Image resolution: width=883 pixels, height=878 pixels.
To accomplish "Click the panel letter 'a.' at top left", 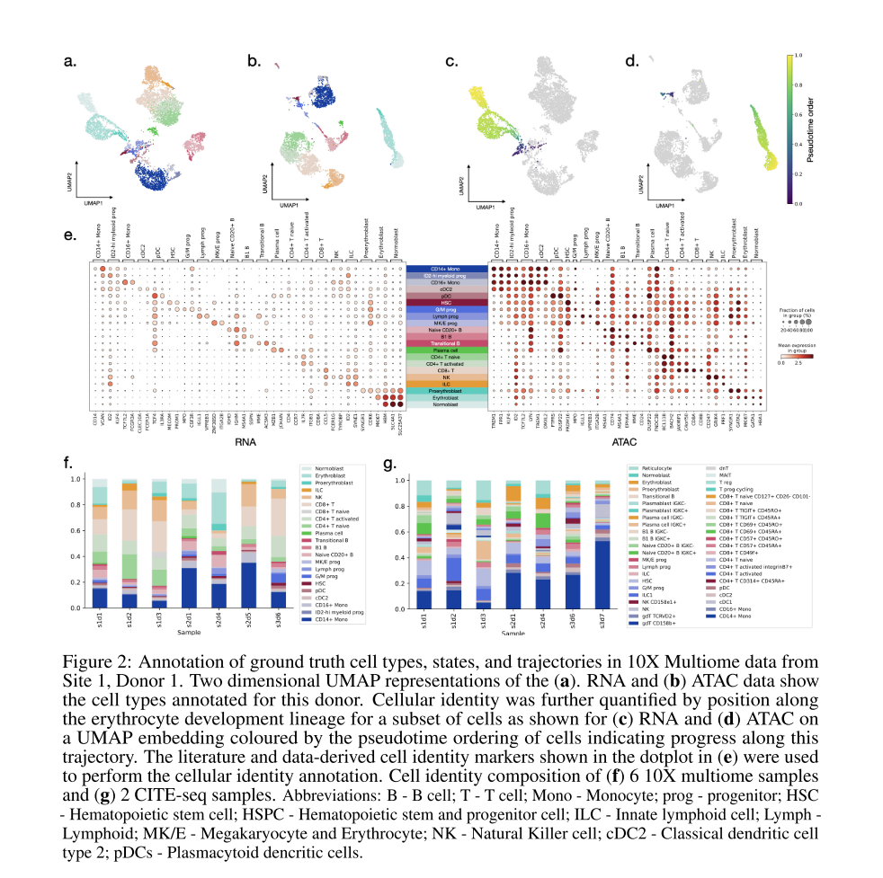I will click(x=70, y=62).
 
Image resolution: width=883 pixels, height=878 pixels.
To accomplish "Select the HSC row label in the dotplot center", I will click(x=445, y=302).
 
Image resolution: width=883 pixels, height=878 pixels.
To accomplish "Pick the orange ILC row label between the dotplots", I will click(x=445, y=383).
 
